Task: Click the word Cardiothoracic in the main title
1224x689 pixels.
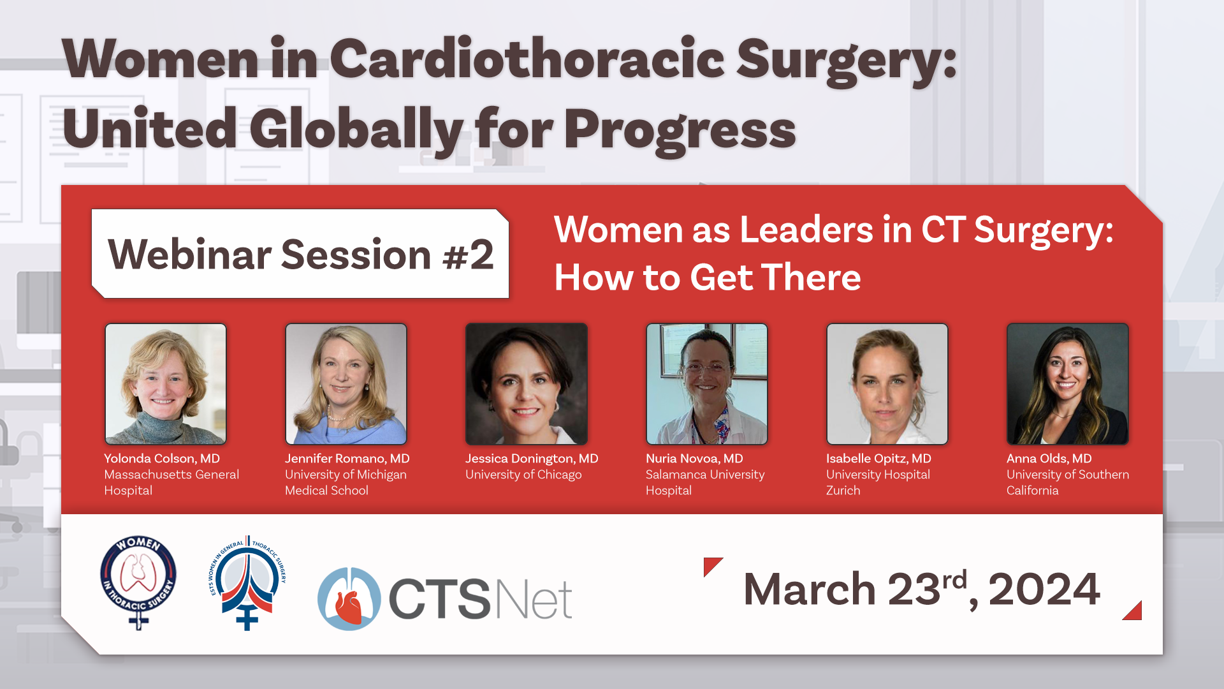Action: [x=527, y=59]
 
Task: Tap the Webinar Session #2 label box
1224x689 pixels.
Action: [x=300, y=253]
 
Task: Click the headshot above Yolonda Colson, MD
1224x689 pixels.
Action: [x=166, y=384]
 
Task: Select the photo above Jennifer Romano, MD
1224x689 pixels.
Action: [x=346, y=384]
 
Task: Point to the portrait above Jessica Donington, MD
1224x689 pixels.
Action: [x=527, y=384]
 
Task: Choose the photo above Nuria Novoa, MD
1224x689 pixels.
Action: [x=707, y=384]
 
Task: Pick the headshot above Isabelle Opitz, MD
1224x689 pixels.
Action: [x=887, y=384]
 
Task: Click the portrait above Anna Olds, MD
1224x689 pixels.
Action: [x=1068, y=384]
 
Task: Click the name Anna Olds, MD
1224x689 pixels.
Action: [x=1049, y=459]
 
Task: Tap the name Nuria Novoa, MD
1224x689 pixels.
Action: [x=694, y=459]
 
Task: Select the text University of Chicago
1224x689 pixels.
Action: [x=523, y=475]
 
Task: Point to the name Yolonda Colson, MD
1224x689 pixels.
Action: [x=162, y=459]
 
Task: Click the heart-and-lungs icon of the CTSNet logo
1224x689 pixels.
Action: [x=349, y=599]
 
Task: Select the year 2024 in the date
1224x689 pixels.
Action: [x=1044, y=589]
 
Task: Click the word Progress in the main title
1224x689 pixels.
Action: [x=680, y=130]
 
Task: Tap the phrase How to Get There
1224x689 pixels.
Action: [x=708, y=278]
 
